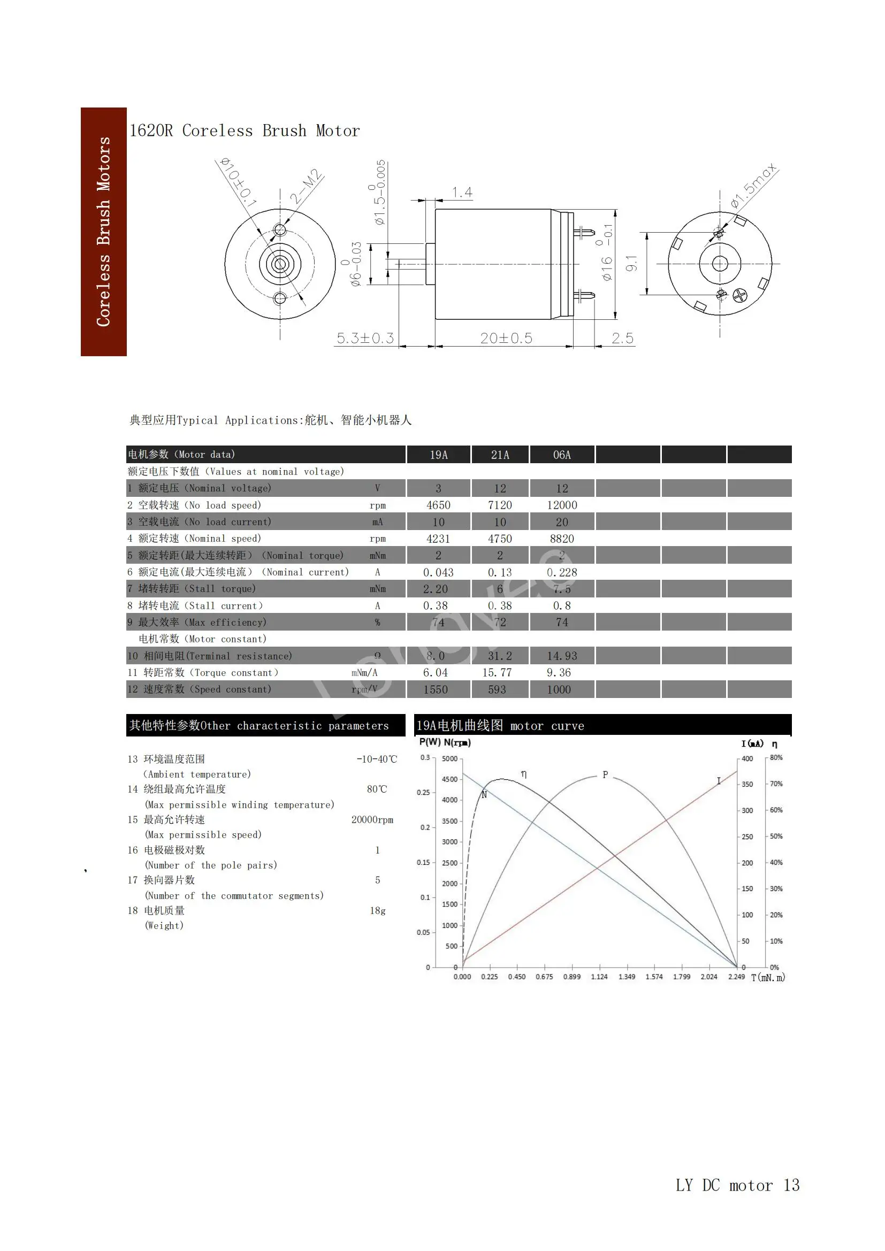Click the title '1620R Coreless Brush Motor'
tap(244, 131)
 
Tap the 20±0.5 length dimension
tap(506, 339)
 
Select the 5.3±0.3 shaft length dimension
tap(364, 339)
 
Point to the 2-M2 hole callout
tap(306, 187)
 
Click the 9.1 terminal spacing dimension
tap(631, 264)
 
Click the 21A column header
tap(500, 455)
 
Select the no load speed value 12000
tap(562, 505)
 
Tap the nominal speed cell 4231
tap(438, 539)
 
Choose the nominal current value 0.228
tap(562, 573)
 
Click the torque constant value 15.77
tap(497, 673)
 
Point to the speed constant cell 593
tap(497, 690)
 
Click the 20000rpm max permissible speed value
tap(372, 820)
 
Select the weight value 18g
tap(378, 911)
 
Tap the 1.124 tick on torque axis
tap(599, 977)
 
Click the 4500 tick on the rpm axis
tap(449, 780)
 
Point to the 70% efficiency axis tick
tap(776, 784)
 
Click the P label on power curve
tap(605, 775)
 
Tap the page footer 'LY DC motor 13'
tap(737, 1186)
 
